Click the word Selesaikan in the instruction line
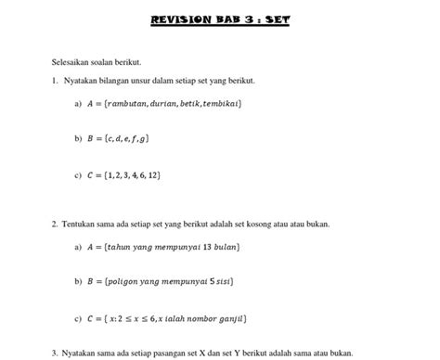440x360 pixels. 73,62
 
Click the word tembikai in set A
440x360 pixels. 223,104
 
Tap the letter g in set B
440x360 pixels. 143,138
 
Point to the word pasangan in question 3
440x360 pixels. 172,353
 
